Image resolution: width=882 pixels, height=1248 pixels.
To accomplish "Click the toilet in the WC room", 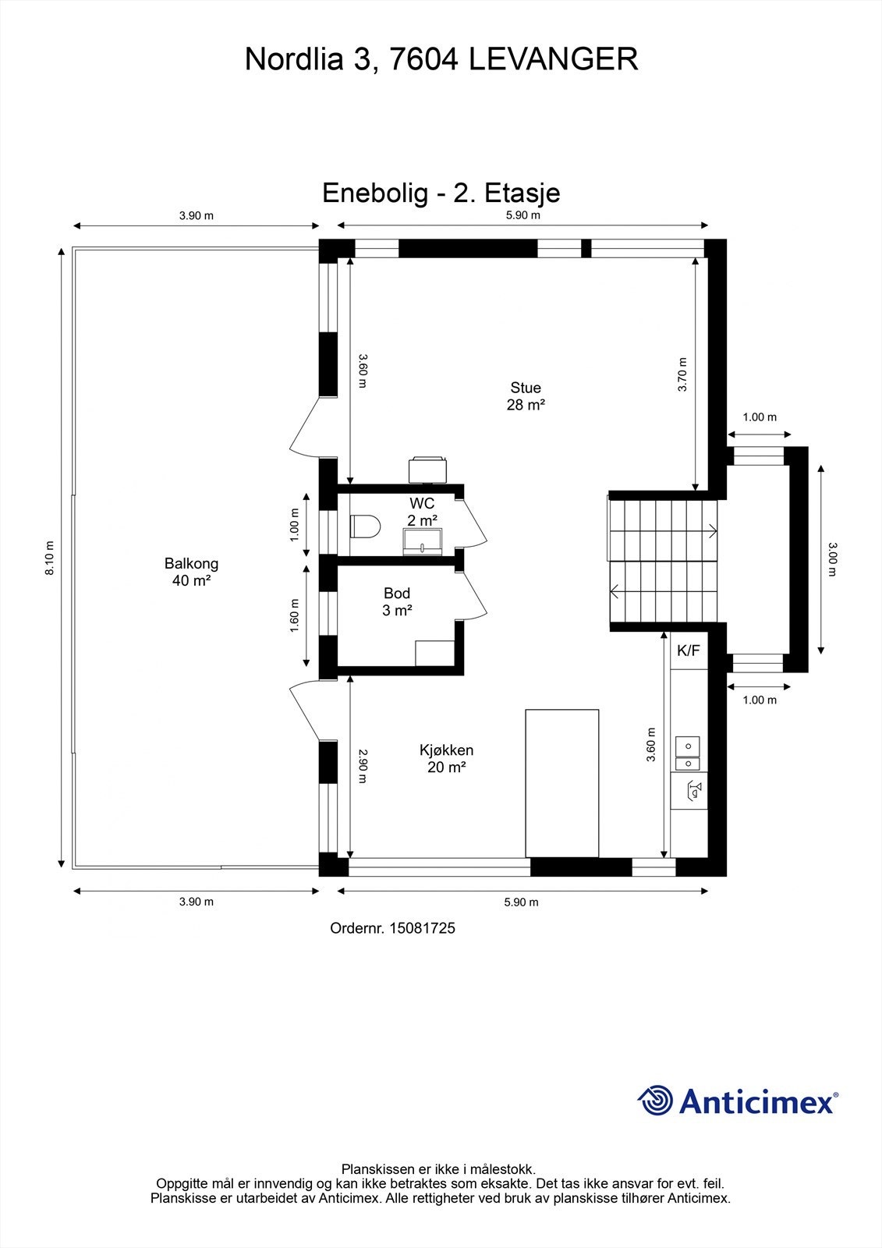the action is pos(365,526).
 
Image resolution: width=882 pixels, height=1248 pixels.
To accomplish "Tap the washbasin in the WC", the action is pos(423,541).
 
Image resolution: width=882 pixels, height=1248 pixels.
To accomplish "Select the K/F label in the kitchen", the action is pos(688,651).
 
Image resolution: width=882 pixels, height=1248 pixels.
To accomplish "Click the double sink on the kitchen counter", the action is pos(688,753).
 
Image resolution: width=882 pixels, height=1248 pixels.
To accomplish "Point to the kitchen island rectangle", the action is pos(562,783).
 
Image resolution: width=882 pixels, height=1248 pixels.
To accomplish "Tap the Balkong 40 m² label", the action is pos(191,572).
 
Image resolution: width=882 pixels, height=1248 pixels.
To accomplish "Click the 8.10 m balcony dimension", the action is pos(50,558).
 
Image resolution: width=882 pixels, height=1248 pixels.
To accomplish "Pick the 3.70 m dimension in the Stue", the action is pos(682,374).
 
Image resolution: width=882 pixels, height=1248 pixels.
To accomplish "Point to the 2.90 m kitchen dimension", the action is pos(362,766).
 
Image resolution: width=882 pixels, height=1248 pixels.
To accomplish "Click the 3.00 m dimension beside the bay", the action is pos(832,559).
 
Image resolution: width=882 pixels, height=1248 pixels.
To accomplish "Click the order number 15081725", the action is pos(422,928).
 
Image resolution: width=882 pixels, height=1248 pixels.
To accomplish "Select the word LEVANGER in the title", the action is pos(553,59).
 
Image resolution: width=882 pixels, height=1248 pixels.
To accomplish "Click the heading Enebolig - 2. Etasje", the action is pos(441,193).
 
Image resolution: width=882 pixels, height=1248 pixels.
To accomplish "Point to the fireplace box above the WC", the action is pos(428,470).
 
